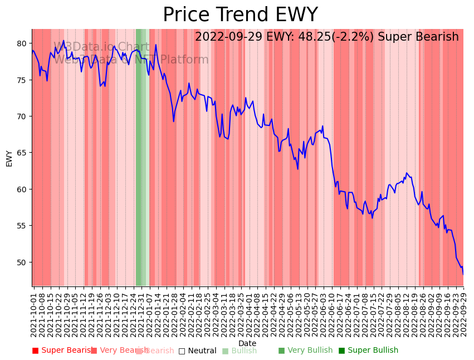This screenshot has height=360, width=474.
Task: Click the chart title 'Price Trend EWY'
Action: tap(240, 15)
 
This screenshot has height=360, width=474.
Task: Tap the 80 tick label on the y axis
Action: tap(22, 43)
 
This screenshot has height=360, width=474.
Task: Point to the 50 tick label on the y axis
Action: tap(22, 262)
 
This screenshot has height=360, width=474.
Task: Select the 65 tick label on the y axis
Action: tap(22, 153)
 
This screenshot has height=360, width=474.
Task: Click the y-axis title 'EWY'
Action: tap(9, 158)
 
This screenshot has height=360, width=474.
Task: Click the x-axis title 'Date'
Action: tap(247, 343)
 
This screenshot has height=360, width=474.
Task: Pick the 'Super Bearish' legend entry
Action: tap(63, 351)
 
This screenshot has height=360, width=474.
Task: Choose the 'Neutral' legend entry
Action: tap(197, 351)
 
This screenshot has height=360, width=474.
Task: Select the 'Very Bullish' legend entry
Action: tap(305, 351)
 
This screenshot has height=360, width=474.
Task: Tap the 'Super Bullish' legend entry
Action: tap(368, 351)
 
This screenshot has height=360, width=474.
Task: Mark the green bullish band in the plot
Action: tap(140, 167)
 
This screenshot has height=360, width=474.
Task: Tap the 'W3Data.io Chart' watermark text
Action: tap(101, 47)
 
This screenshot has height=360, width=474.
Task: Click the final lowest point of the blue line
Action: tap(463, 274)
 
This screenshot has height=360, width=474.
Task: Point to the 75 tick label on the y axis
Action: tap(22, 80)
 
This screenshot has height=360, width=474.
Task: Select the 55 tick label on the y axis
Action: tap(22, 226)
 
